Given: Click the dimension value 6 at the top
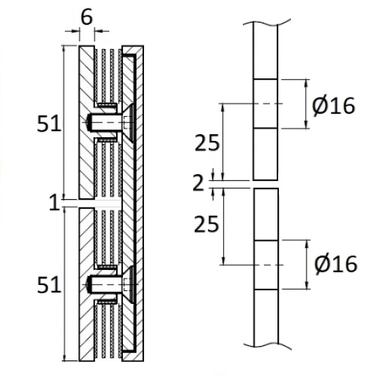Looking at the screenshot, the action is pyautogui.click(x=87, y=17).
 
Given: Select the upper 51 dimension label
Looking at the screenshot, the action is pyautogui.click(x=49, y=124).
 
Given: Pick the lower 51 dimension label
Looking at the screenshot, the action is pyautogui.click(x=49, y=284).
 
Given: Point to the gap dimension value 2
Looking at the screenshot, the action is pyautogui.click(x=198, y=183).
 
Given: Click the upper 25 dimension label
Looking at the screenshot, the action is pyautogui.click(x=207, y=143).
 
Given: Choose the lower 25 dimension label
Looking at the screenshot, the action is pyautogui.click(x=207, y=224).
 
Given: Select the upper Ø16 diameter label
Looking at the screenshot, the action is pyautogui.click(x=333, y=106).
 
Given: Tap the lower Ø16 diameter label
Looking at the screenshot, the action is pyautogui.click(x=336, y=265).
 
